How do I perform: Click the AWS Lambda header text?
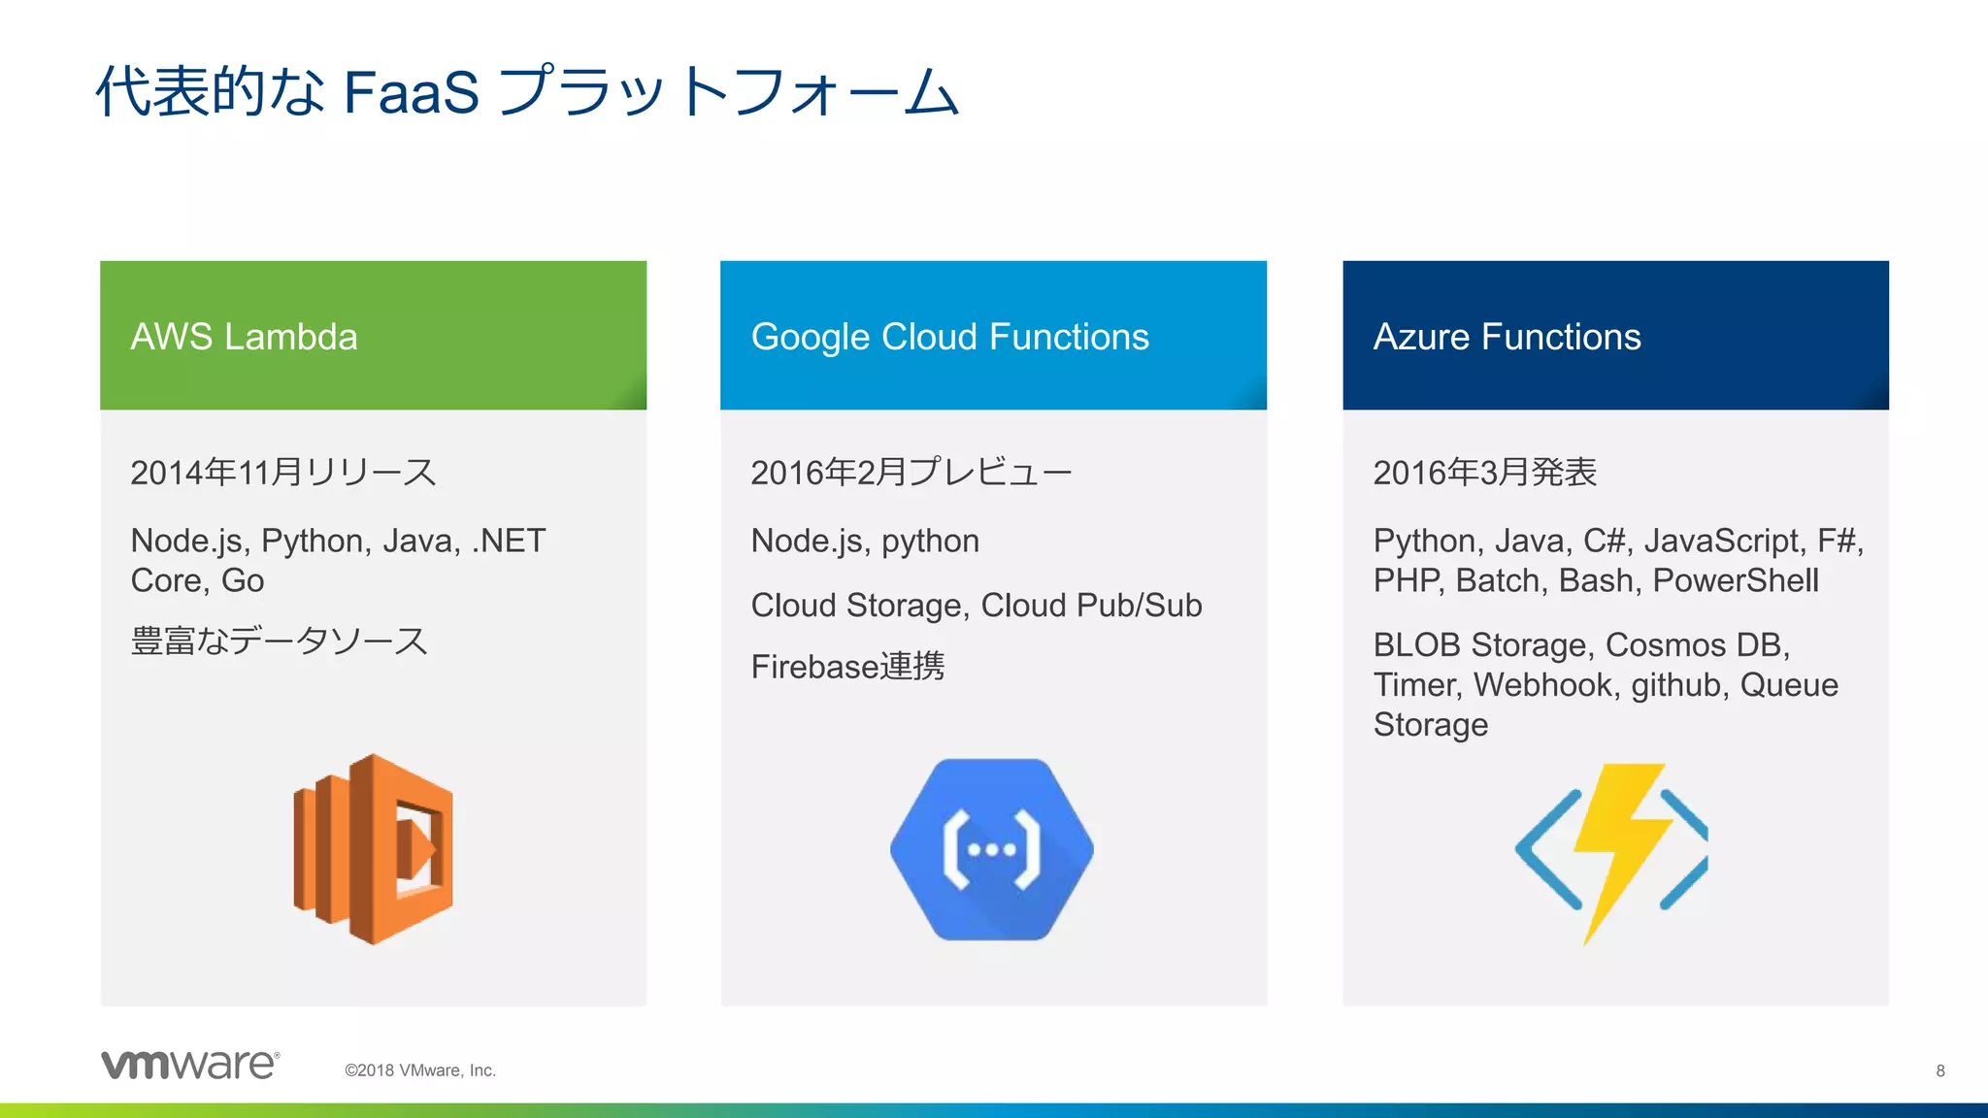244,337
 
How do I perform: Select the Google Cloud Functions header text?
949,337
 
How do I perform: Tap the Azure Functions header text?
1507,337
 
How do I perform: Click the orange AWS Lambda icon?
374,848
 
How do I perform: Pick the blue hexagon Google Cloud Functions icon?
992,849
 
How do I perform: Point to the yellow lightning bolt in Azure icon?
1619,844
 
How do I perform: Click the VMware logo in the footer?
190,1065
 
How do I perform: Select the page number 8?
1939,1070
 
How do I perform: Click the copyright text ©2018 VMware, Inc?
420,1070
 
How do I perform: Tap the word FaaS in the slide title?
411,93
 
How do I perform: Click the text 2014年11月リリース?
282,473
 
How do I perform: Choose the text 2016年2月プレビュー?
911,473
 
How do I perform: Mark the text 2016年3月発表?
1484,473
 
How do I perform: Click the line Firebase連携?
847,667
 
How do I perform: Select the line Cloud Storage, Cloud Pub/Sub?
976,606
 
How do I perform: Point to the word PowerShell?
1735,580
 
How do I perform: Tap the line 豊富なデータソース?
279,641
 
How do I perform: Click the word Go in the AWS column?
243,580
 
